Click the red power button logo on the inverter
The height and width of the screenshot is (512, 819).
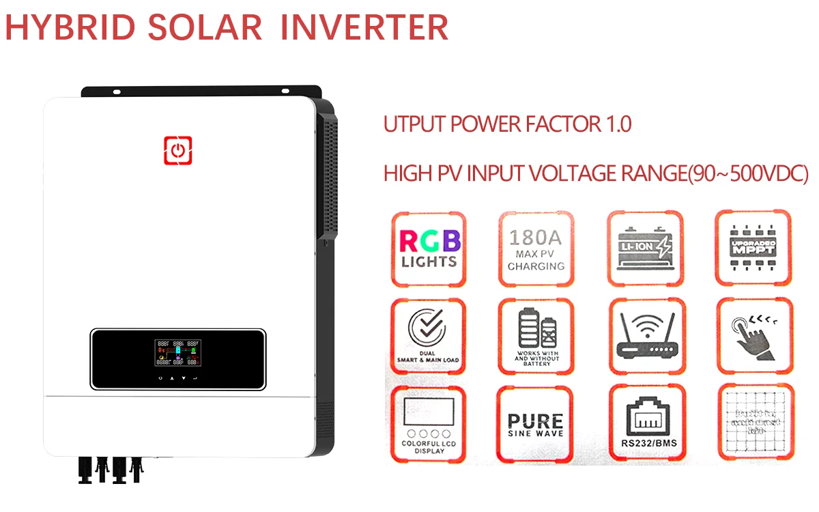coord(177,150)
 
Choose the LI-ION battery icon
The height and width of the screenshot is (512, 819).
coord(644,247)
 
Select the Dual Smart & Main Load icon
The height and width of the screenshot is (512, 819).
coord(429,335)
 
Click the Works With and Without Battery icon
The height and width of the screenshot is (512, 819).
coord(536,335)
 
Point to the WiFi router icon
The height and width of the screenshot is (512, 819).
coord(645,335)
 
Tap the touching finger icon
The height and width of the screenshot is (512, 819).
coord(753,335)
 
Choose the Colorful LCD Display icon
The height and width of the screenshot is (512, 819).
coord(429,423)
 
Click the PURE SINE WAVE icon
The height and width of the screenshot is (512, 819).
coord(536,423)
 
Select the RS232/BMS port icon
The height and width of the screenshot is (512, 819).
coord(645,423)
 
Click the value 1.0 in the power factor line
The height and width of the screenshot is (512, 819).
coord(616,124)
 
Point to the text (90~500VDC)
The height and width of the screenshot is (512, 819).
coord(747,173)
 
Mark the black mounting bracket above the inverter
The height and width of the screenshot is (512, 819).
coord(201,91)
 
